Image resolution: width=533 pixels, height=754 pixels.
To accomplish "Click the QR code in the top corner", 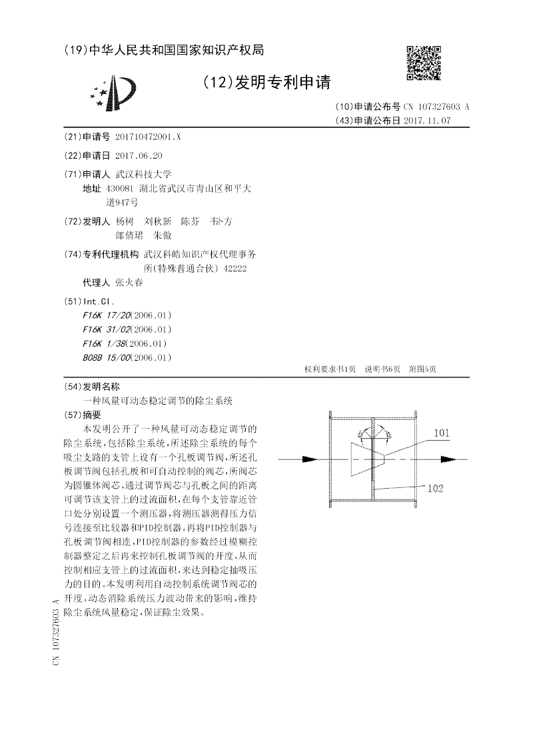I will tap(423, 63).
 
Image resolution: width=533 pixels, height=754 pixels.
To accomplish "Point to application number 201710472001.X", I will tap(148, 137).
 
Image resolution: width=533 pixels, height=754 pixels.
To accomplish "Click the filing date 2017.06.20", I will tap(139, 155).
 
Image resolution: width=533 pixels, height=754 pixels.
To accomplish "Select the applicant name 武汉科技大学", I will tap(144, 174).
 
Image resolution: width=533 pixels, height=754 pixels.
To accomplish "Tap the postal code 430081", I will tap(121, 189).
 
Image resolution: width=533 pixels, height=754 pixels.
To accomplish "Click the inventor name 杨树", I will tap(124, 221).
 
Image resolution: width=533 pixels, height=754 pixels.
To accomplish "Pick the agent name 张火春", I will tap(129, 283).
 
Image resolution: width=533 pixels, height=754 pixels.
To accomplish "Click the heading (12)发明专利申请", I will tap(266, 83).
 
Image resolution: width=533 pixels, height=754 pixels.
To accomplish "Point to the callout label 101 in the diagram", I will tap(442, 433).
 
